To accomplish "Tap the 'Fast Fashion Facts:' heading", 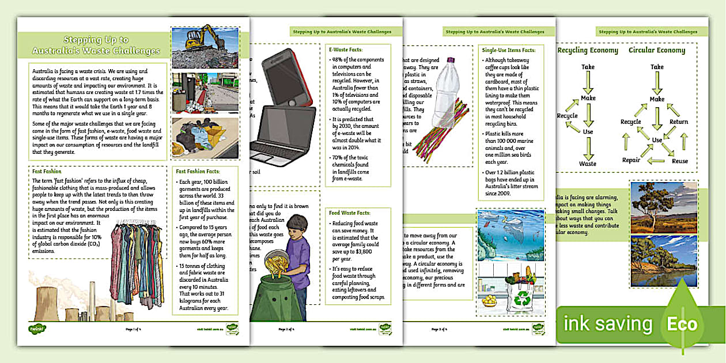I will (x=198, y=171).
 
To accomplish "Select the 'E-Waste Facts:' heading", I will (x=347, y=50).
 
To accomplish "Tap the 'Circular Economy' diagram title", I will (x=657, y=50).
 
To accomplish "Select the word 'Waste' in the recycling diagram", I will (x=588, y=164).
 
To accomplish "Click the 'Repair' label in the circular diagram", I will (x=631, y=160).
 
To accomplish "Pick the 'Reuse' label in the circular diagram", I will (x=680, y=161).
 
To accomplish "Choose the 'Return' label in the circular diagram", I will (x=679, y=122).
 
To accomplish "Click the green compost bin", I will (x=280, y=288).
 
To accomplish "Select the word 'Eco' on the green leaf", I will (x=682, y=324).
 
